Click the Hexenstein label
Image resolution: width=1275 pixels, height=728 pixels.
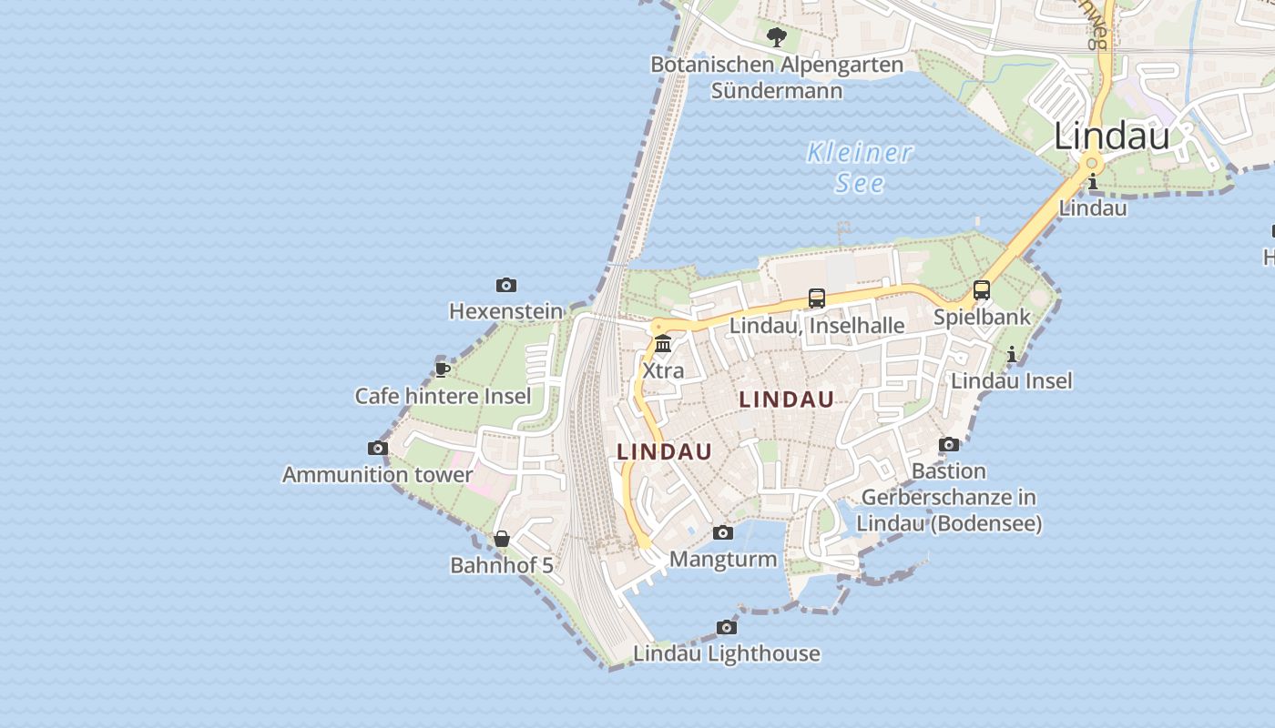(506, 311)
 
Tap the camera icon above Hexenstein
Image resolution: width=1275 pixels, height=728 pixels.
(506, 286)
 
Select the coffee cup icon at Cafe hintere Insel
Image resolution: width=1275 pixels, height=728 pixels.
(443, 369)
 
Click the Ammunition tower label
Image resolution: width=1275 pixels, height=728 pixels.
(378, 474)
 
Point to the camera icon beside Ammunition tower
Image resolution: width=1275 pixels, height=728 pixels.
(378, 448)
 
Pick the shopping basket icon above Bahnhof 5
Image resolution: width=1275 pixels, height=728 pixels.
(502, 539)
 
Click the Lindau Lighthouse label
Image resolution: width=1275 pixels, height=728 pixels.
(727, 653)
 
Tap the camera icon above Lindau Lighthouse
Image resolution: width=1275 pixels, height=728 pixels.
(727, 628)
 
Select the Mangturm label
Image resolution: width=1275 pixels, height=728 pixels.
(723, 559)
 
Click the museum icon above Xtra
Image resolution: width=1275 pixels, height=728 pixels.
(663, 344)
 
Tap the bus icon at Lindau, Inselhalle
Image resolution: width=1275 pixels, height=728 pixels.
(817, 298)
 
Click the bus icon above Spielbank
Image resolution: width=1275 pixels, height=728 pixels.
(982, 290)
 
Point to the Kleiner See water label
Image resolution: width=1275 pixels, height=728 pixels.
(860, 167)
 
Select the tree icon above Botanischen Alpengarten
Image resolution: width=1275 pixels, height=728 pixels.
(777, 37)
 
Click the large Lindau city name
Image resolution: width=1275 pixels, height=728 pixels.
(1112, 136)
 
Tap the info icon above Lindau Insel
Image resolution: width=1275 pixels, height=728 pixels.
(1012, 354)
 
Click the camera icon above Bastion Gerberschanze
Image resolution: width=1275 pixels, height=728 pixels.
(949, 445)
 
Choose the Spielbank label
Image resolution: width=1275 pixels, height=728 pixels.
(982, 317)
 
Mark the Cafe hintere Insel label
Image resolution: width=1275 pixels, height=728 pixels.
(443, 396)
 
